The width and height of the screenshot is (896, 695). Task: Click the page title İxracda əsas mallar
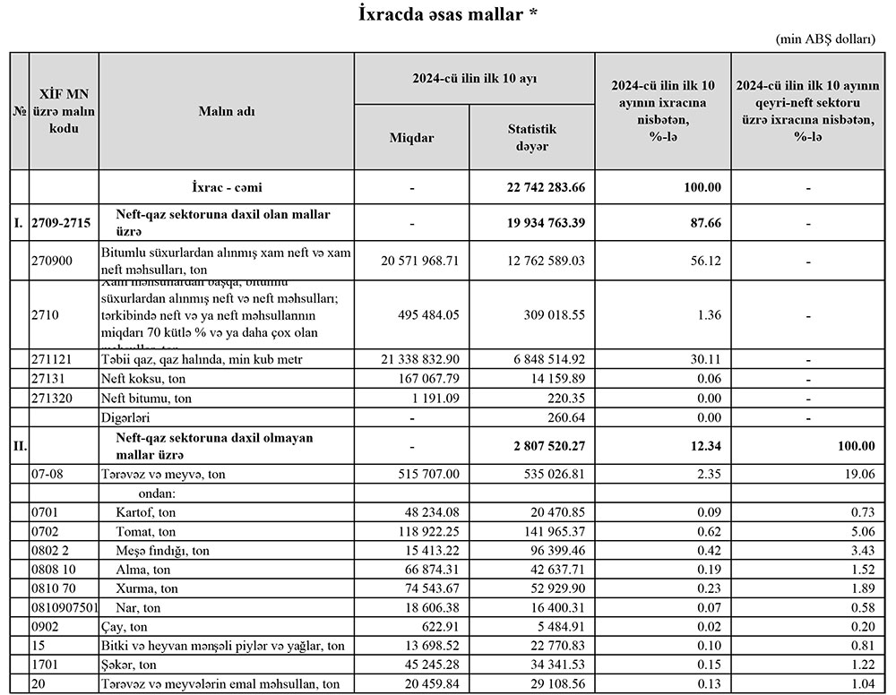tap(448, 15)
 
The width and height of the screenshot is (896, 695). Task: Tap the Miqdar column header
tap(411, 138)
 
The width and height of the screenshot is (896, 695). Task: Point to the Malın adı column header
tap(227, 111)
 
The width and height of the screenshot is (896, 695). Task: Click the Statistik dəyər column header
tap(531, 138)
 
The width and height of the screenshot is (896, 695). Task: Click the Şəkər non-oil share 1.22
tap(859, 665)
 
